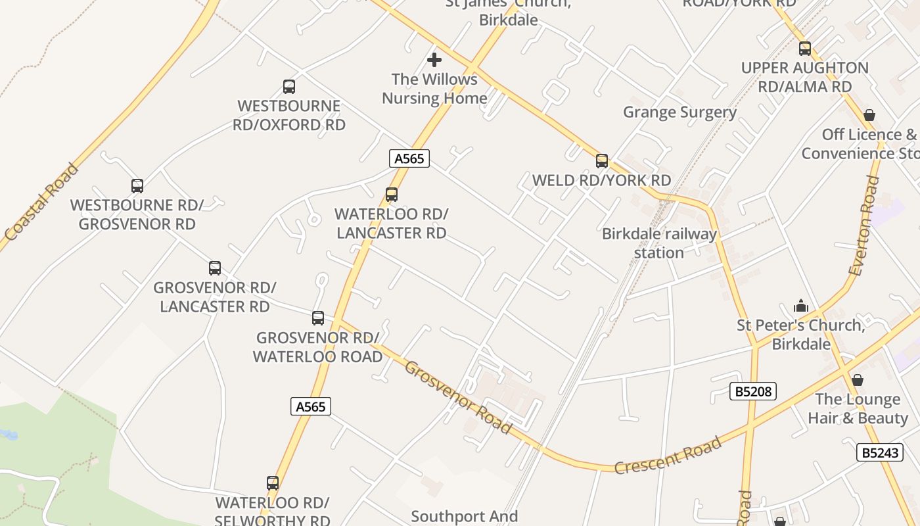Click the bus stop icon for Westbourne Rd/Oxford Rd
click(x=288, y=87)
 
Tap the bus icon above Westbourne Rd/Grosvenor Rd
click(x=137, y=186)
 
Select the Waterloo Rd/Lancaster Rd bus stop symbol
click(x=392, y=195)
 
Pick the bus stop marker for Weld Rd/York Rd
click(x=601, y=161)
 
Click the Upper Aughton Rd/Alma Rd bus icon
click(x=804, y=49)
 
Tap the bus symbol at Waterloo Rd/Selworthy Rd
click(x=273, y=483)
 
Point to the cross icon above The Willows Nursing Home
click(x=434, y=60)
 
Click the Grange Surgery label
click(x=679, y=112)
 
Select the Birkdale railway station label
click(x=659, y=243)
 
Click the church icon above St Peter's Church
click(x=800, y=306)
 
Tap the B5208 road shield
click(x=753, y=392)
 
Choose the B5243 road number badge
click(x=880, y=452)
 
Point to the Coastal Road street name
click(x=41, y=201)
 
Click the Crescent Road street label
click(x=668, y=455)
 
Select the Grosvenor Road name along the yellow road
click(x=457, y=397)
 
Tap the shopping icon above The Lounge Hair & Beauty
click(x=857, y=380)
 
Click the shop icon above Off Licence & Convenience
click(x=869, y=116)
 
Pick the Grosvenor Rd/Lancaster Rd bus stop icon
click(x=215, y=268)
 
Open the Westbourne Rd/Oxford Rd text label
click(x=289, y=115)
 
